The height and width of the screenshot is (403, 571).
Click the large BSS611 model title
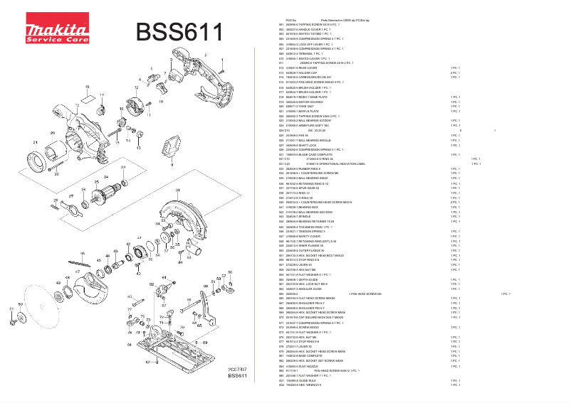(179, 32)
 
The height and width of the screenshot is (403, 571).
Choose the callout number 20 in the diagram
(52, 132)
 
